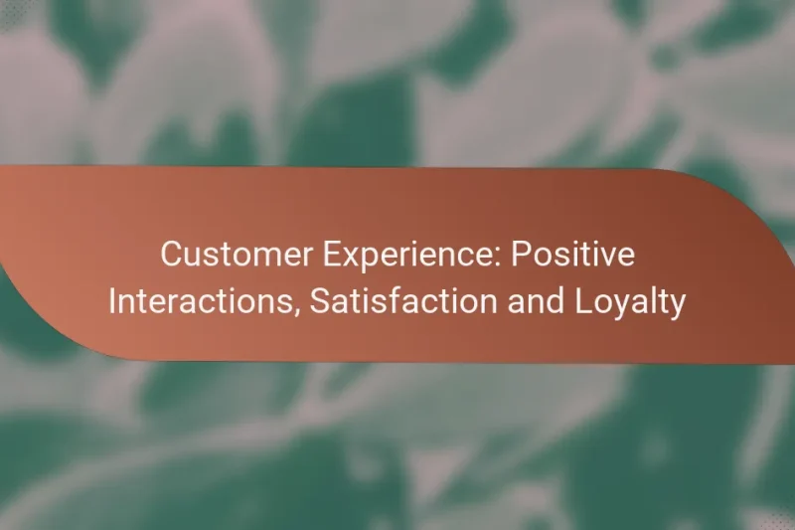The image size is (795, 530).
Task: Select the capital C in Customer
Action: (171, 256)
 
